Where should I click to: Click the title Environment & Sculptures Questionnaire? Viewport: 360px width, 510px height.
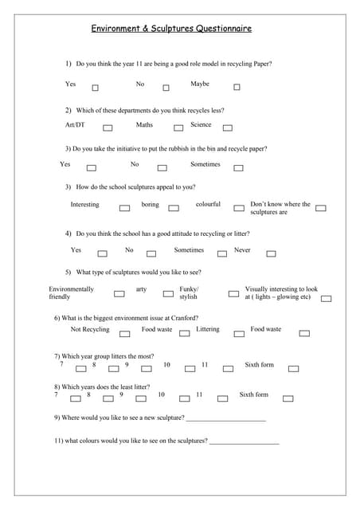tap(171, 29)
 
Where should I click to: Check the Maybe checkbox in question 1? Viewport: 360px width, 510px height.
tap(237, 88)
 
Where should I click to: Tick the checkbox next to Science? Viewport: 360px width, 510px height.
tap(228, 127)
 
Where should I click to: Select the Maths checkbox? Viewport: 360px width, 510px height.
tap(178, 127)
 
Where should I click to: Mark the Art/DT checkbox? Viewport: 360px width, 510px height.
tap(108, 127)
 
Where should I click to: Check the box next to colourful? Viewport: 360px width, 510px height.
tap(239, 208)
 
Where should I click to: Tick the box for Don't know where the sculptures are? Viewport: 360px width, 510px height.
tap(321, 208)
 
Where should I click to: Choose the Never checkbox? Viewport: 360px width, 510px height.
tap(271, 254)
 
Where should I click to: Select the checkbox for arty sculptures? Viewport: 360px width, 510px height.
tap(168, 293)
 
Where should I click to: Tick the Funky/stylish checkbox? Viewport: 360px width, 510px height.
tap(233, 293)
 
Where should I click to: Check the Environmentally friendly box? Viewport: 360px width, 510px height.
tap(119, 293)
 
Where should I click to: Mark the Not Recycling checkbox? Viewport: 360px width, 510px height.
tap(125, 333)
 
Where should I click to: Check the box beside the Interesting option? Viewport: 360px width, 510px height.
tap(124, 208)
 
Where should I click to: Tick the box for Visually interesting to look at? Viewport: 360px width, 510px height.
tap(327, 299)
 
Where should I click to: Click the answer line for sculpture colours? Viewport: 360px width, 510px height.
tap(245, 441)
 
